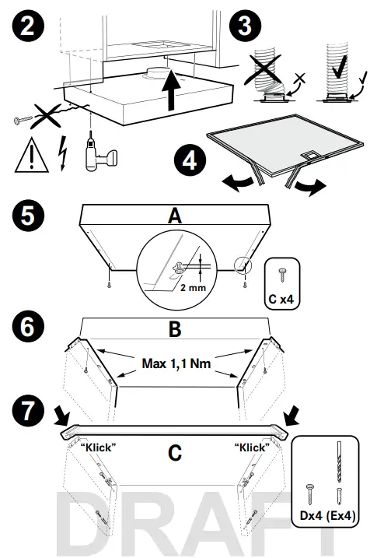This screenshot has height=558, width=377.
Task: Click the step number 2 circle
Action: (x=27, y=28)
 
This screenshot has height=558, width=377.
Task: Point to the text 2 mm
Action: (x=193, y=287)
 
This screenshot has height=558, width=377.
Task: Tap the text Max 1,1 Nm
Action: (x=177, y=363)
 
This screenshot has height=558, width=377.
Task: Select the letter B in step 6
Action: (x=176, y=329)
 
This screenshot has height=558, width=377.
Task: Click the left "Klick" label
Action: (x=97, y=447)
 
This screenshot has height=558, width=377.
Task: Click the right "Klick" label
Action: (x=251, y=447)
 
